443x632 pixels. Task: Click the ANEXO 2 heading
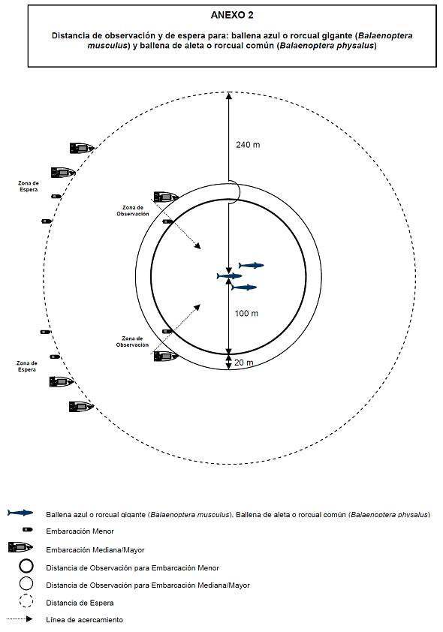(x=232, y=15)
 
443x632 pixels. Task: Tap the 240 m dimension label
(x=248, y=145)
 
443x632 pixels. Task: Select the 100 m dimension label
(x=246, y=313)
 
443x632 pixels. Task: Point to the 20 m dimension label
(x=244, y=363)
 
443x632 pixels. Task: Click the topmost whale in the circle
(x=251, y=265)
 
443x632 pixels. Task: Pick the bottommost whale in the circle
(x=244, y=287)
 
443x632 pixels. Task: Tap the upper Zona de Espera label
(x=29, y=186)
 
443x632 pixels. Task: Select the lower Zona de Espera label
(x=27, y=366)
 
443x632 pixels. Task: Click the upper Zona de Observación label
(x=133, y=211)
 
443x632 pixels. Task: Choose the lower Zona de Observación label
(x=132, y=342)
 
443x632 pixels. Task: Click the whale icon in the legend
(x=20, y=513)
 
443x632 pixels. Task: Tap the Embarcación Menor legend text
(x=80, y=531)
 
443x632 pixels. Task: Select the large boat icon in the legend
(x=20, y=547)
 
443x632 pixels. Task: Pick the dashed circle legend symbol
(x=26, y=601)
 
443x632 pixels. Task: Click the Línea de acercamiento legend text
(x=84, y=620)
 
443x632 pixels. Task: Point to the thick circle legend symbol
(x=26, y=566)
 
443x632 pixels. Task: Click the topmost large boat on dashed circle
(x=82, y=148)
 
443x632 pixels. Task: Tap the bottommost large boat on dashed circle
(x=81, y=406)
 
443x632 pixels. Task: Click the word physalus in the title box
(x=358, y=46)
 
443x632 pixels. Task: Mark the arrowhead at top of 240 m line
(x=228, y=95)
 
